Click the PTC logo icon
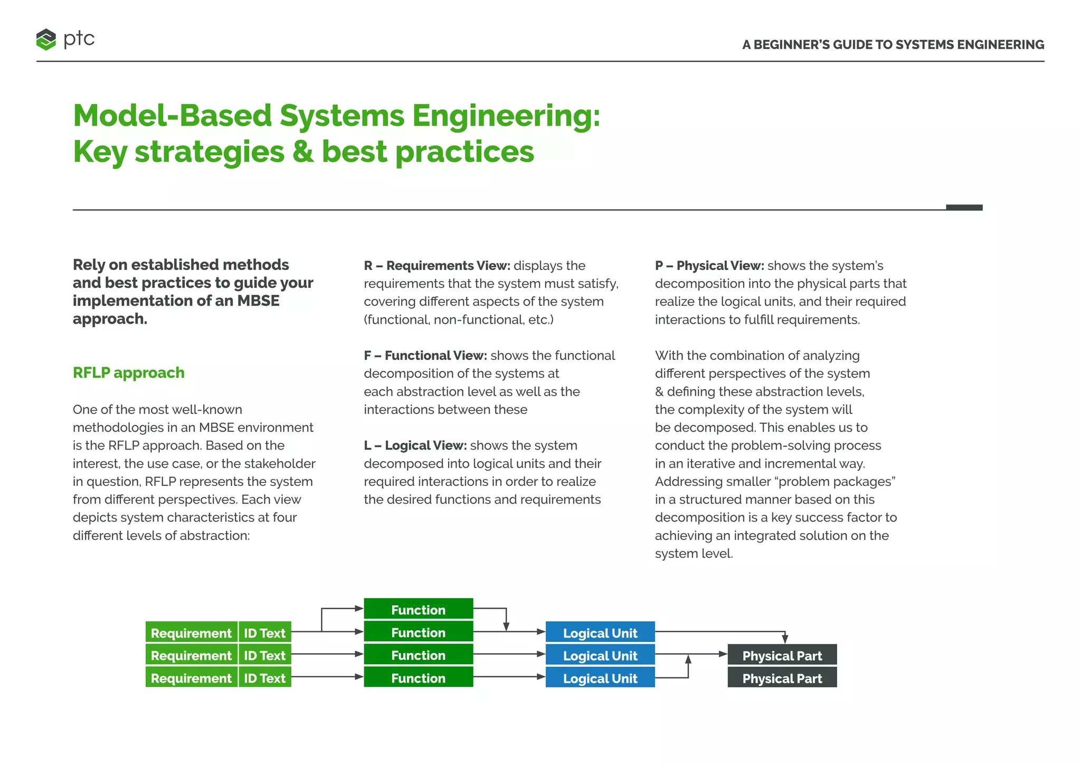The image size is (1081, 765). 46,40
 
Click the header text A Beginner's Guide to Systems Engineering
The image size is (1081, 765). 893,45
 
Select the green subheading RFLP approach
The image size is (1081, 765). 129,373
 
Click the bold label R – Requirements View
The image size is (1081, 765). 437,266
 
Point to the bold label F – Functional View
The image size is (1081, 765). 425,356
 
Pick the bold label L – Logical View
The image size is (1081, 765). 415,445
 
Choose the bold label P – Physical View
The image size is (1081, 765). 709,266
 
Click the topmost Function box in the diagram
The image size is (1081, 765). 418,610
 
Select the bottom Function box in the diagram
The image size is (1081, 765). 418,678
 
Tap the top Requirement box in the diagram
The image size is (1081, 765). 191,633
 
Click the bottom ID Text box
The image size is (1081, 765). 264,678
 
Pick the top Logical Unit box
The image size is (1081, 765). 600,633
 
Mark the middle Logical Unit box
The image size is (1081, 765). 600,656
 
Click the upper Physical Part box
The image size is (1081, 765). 782,656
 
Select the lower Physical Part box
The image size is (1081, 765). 782,678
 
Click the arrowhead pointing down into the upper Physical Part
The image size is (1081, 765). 785,639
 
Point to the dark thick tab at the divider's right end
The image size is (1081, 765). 964,208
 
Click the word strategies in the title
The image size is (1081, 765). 210,152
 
